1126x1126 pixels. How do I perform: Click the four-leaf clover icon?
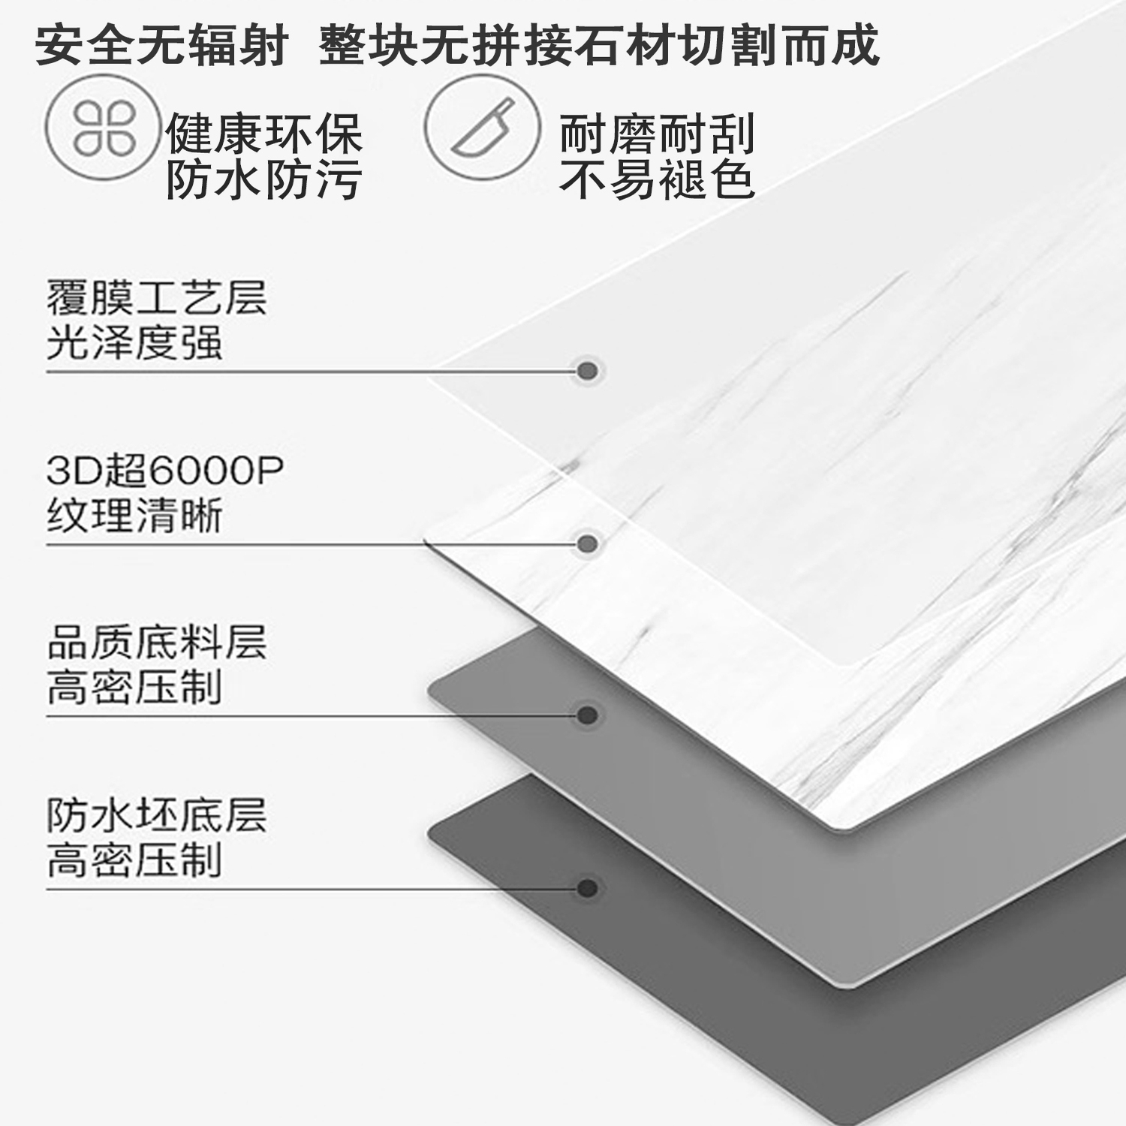104,128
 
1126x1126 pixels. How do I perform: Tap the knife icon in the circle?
482,128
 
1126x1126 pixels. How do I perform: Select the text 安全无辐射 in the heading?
161,45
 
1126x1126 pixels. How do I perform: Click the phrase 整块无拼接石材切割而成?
598,45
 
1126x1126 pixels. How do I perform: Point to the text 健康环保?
263,134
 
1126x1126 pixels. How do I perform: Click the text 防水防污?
263,180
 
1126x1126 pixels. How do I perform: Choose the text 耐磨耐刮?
657,134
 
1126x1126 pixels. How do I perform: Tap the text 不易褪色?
657,180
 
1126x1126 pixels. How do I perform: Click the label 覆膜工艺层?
156,297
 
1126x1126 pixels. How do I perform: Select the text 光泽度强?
134,343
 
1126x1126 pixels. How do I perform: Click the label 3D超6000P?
164,471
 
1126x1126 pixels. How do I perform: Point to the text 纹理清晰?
134,516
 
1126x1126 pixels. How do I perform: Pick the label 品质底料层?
156,643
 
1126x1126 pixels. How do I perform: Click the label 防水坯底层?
156,815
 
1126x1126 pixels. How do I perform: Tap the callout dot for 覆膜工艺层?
588,371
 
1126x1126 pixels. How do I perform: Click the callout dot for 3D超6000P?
588,543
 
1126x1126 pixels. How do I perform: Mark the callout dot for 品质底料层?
588,715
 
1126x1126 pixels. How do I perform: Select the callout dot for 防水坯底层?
588,889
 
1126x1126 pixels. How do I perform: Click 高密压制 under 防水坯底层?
134,861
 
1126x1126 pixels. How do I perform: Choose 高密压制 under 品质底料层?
134,688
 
